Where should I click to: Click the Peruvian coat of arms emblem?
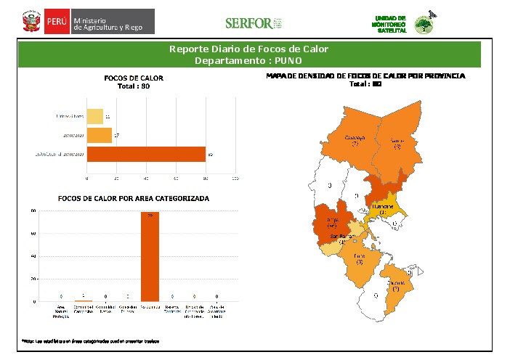coord(30,22)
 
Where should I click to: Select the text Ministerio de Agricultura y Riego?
coord(113,22)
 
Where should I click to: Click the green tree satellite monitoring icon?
coord(422,24)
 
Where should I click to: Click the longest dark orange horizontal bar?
coord(146,154)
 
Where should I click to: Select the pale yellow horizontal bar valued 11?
coord(94,116)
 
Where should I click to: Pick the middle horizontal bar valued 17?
coord(100,135)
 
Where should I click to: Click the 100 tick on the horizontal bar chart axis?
coord(235,178)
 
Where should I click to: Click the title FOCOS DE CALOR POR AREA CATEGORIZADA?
coord(134,198)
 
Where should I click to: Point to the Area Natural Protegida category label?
coord(61,312)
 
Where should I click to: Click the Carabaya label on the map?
coord(355,138)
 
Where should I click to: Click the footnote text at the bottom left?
coord(90,340)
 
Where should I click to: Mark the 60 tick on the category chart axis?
coord(33,234)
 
